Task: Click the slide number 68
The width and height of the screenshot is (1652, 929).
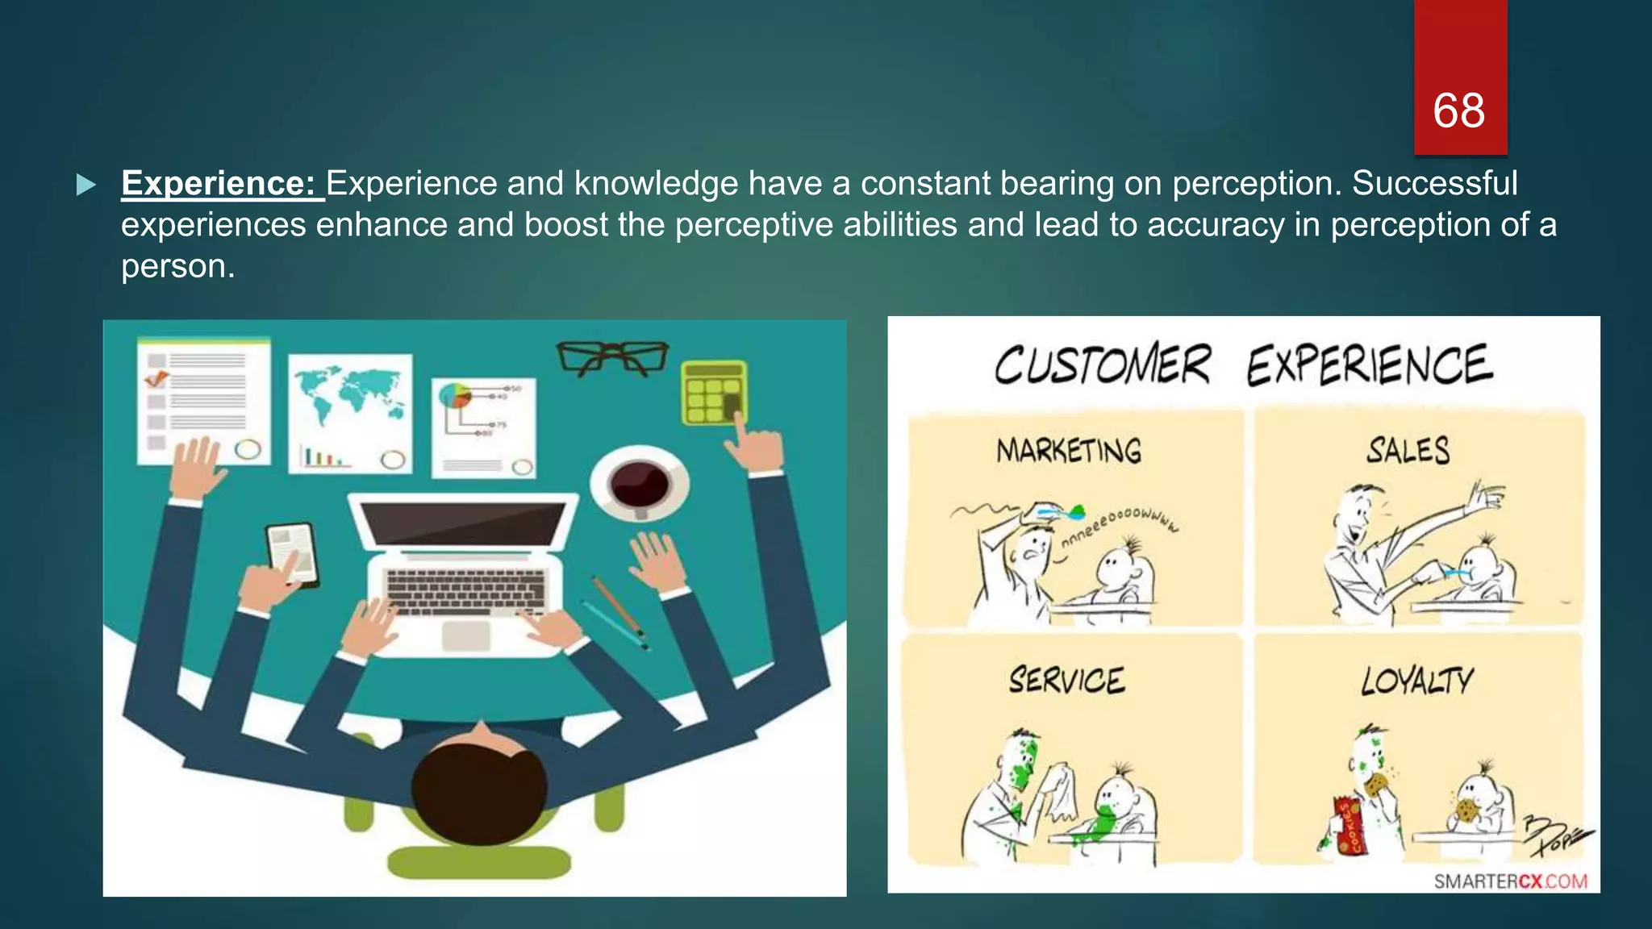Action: [x=1458, y=110]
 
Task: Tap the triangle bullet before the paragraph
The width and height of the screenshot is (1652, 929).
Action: [x=86, y=185]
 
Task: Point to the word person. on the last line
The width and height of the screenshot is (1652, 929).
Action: [x=177, y=266]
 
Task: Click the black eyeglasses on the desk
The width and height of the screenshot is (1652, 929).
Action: [x=613, y=357]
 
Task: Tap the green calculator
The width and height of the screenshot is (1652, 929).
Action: [x=713, y=393]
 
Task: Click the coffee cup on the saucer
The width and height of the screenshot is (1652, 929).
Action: [x=639, y=485]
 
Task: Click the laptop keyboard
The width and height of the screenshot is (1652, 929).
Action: [x=465, y=591]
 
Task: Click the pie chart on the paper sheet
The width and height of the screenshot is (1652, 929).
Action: [x=454, y=396]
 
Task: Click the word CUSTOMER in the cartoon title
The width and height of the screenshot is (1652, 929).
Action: [x=1102, y=365]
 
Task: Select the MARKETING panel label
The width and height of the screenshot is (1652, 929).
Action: [x=1069, y=451]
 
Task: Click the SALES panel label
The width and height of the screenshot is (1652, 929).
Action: [x=1408, y=450]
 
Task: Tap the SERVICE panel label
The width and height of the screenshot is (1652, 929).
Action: [x=1066, y=681]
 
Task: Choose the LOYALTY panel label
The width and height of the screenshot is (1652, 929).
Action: [x=1416, y=681]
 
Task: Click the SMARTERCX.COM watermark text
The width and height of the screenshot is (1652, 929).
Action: [x=1510, y=881]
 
